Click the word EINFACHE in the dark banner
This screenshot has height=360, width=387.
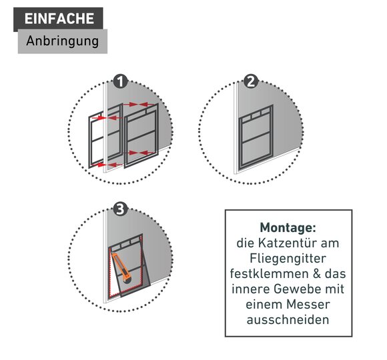(59, 19)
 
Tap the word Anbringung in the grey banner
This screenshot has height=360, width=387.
(63, 41)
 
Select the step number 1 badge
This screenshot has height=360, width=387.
(121, 81)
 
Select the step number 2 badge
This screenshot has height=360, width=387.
(251, 81)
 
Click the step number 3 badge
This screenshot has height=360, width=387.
(121, 209)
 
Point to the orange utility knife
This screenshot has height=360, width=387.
(121, 267)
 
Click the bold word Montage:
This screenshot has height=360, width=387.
(288, 227)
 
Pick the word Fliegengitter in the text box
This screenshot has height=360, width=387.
(288, 259)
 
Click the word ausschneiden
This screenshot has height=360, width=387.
(288, 320)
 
